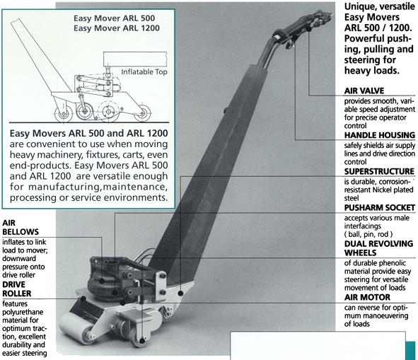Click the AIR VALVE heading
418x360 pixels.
pos(364,91)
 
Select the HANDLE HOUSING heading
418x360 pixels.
pos(380,135)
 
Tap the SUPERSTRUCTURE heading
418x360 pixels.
pos(379,171)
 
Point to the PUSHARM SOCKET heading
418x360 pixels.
pos(380,207)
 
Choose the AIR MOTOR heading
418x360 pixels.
pos(367,297)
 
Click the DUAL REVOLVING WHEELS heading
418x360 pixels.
pos(378,248)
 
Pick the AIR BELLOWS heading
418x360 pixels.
pos(21,227)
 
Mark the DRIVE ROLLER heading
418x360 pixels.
pos(17,289)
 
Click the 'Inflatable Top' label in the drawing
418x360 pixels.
pos(144,71)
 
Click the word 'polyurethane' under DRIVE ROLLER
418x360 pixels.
pos(23,312)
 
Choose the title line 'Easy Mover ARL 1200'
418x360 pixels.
pos(117,28)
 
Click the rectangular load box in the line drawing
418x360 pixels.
pos(135,59)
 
